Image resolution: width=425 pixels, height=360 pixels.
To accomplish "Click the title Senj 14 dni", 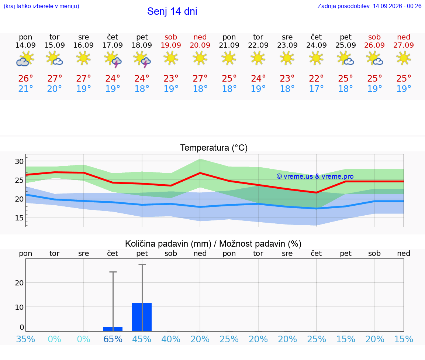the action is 172,11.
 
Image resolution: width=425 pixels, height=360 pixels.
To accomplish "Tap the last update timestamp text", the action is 369,6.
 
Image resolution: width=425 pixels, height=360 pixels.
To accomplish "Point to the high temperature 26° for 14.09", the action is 25,78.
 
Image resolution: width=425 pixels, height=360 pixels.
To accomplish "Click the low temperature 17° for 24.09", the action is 316,89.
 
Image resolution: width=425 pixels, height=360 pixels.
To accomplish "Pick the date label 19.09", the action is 171,45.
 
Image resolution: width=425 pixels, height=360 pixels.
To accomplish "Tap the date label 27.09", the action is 404,45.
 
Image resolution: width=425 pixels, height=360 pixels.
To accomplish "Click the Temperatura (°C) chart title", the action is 214,148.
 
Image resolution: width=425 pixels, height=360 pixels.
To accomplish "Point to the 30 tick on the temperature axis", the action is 19,161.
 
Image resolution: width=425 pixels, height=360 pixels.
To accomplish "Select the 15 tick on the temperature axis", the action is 19,218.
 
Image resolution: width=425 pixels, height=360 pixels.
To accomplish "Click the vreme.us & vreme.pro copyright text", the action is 315,176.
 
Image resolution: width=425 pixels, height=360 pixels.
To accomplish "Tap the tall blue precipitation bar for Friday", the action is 142,317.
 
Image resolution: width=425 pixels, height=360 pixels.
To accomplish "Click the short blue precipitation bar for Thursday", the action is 113,329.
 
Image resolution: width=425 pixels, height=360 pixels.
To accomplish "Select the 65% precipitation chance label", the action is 113,339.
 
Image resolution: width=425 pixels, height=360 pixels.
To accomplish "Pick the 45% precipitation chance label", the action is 142,339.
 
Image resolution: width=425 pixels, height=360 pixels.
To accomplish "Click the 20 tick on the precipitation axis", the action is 19,283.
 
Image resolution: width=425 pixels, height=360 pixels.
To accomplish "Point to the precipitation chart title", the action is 213,244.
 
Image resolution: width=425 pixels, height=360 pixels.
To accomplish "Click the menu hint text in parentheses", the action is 41,6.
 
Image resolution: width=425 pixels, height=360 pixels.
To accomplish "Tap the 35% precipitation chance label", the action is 25,339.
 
